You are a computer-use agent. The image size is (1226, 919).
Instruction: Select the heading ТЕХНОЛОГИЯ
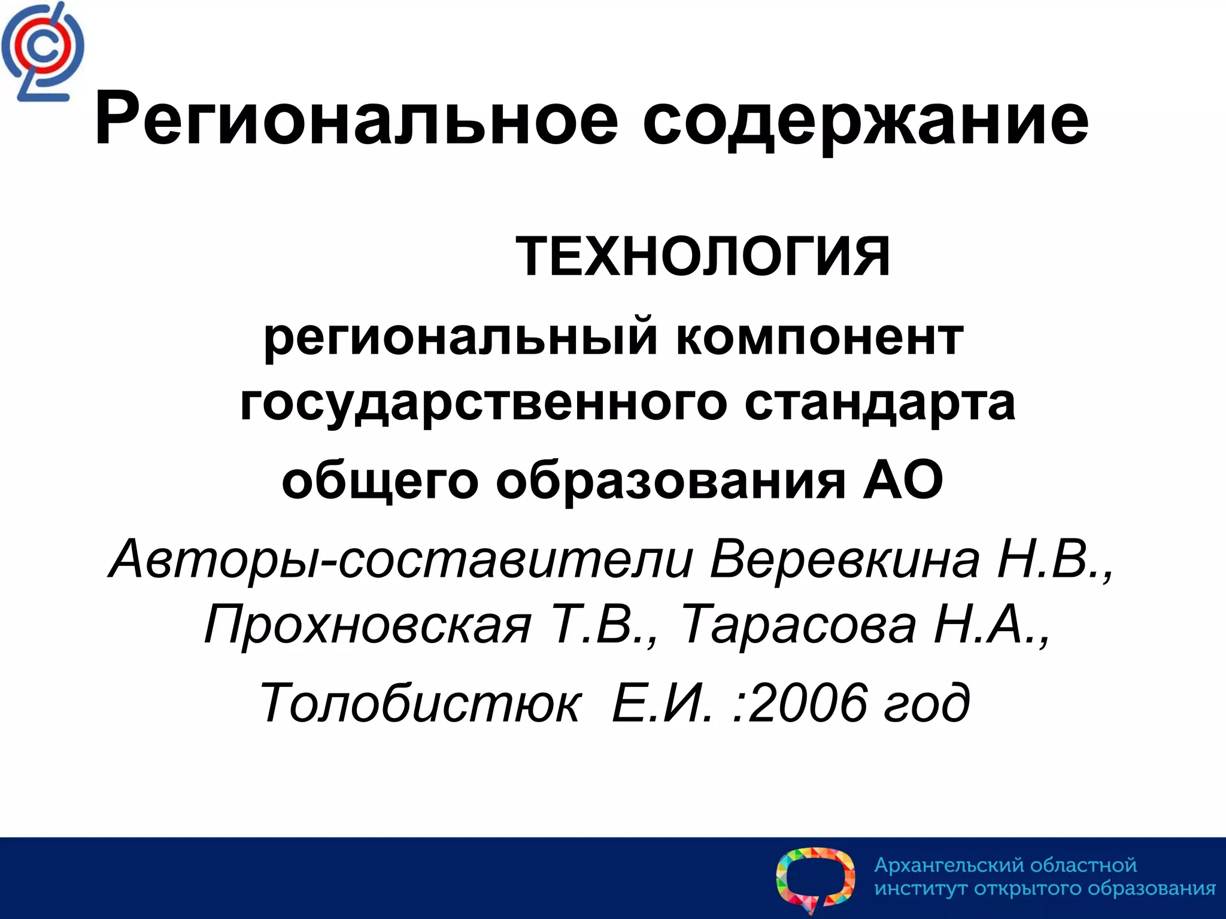click(703, 257)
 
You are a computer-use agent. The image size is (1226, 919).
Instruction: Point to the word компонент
click(820, 337)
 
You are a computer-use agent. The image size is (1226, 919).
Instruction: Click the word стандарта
click(879, 403)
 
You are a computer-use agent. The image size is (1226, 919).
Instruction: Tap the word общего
click(380, 481)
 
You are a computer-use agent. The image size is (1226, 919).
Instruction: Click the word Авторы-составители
click(400, 559)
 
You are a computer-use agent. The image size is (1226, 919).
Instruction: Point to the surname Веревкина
click(845, 559)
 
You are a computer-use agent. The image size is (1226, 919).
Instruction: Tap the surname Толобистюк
click(420, 702)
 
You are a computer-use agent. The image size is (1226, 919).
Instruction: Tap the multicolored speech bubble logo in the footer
click(815, 879)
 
